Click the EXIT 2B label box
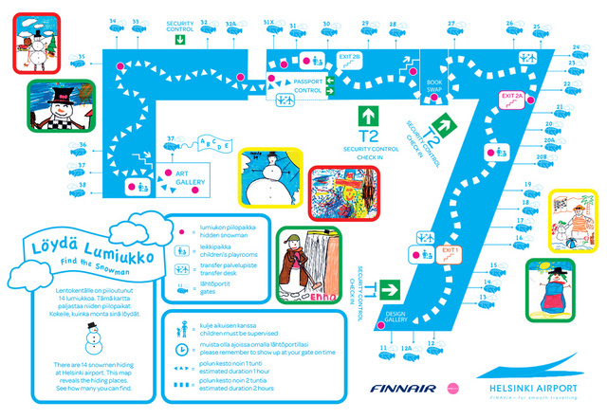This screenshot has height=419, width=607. click(x=350, y=56)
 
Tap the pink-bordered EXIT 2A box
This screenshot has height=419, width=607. click(x=512, y=96)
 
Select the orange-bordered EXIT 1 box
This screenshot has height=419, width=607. click(x=451, y=250)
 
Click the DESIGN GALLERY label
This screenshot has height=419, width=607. click(x=395, y=317)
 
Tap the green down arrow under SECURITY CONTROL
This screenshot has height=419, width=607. click(x=179, y=41)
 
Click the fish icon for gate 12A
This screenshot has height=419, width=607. click(x=407, y=359)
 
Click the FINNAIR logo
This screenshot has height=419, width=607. click(x=403, y=388)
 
